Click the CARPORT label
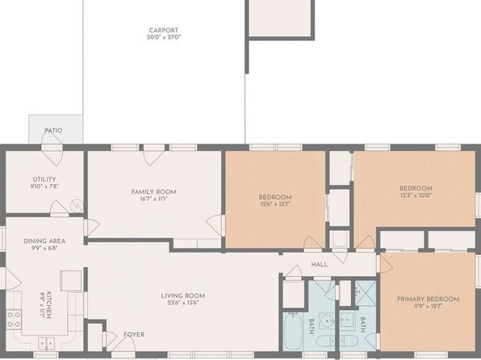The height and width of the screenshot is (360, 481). [x=164, y=30]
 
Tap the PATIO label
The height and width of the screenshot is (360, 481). [x=53, y=131]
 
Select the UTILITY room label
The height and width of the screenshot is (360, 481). [x=44, y=179]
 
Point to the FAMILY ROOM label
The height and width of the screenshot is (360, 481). [x=153, y=192]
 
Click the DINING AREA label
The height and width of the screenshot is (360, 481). [x=44, y=241]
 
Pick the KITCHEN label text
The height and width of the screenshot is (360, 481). [x=49, y=305]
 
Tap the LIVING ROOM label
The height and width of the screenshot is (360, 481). [x=183, y=295]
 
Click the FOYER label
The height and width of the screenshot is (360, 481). [x=134, y=334]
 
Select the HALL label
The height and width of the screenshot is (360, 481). [x=320, y=264]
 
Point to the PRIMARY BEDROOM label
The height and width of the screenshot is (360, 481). [x=428, y=299]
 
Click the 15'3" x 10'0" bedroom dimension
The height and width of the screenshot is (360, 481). [x=416, y=195]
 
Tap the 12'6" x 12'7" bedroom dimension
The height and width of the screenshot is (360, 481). [x=275, y=203]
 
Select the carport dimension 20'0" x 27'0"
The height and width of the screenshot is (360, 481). [x=164, y=37]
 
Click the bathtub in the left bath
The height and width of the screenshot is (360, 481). [x=293, y=331]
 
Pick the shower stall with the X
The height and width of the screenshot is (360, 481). [x=366, y=293]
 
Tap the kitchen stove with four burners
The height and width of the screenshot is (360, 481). [x=14, y=320]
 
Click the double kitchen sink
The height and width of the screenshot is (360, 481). [x=46, y=343]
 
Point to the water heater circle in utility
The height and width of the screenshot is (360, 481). [x=77, y=207]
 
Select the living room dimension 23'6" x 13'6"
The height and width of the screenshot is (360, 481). [x=183, y=303]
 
